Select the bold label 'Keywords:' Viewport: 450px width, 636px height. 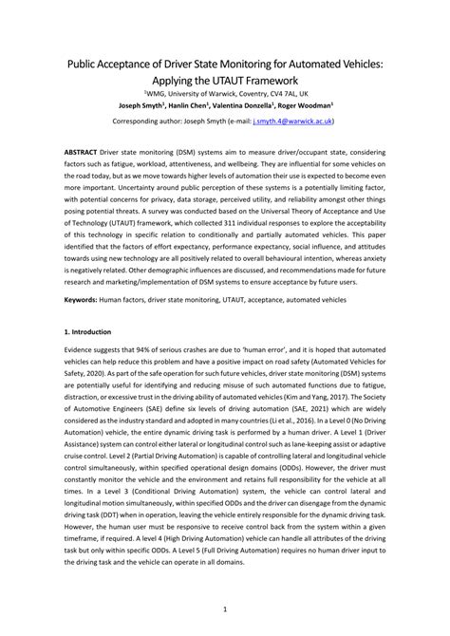pos(85,300)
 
